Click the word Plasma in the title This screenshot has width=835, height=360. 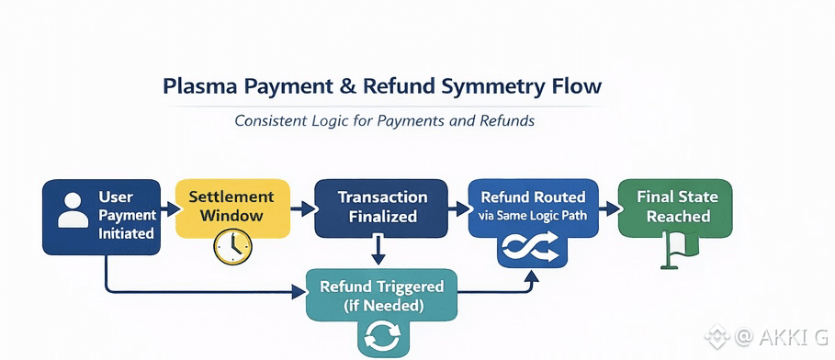click(197, 87)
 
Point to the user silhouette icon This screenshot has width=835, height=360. click(73, 210)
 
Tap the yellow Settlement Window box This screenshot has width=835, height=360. click(232, 208)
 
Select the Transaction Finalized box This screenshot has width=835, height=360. click(380, 208)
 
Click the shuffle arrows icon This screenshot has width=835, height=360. click(532, 247)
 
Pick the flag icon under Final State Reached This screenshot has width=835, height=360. click(673, 249)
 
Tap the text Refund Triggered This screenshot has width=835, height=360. click(382, 287)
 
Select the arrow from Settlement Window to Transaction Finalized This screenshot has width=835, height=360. click(302, 208)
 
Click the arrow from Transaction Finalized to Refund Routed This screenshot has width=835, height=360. click(458, 208)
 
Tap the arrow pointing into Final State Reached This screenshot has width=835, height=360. click(609, 208)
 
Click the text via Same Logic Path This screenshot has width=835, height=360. click(533, 216)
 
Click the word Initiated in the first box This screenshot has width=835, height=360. click(126, 233)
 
